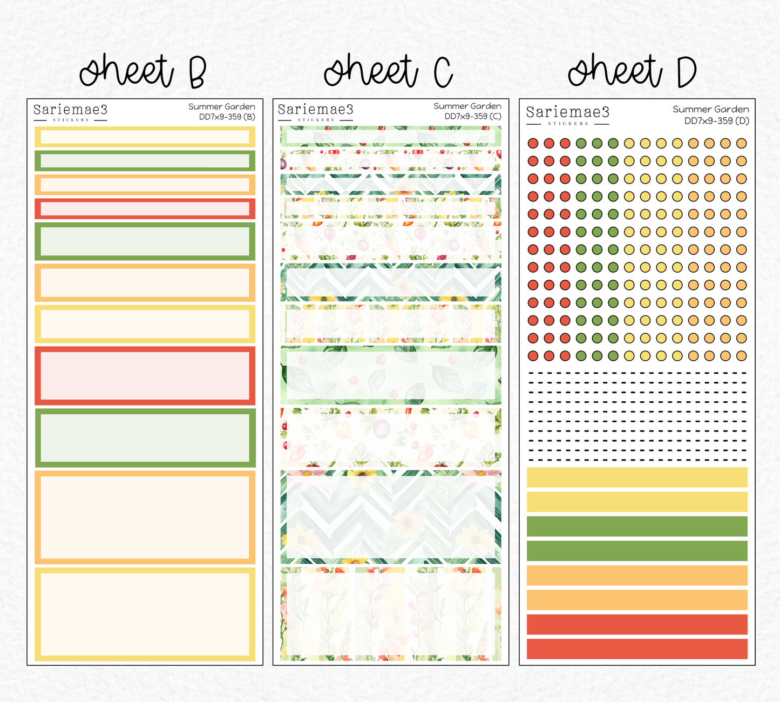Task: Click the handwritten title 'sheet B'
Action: pos(143,71)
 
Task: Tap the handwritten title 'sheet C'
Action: pos(388,71)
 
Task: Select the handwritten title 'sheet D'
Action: pos(632,71)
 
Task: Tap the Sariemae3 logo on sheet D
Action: pos(568,116)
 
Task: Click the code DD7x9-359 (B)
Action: pos(227,117)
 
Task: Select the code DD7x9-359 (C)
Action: pos(473,116)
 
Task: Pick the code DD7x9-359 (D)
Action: pos(717,120)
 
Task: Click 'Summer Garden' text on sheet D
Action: pos(711,109)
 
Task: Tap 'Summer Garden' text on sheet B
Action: pos(222,106)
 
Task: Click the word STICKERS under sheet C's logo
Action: pos(316,120)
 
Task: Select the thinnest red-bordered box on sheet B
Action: pos(145,209)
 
